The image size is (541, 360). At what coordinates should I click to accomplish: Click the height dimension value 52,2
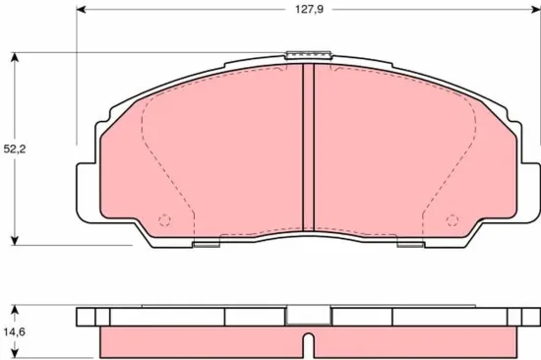(x=15, y=150)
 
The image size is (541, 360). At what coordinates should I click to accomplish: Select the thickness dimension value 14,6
(x=15, y=332)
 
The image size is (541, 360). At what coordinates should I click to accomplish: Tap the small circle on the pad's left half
(x=164, y=219)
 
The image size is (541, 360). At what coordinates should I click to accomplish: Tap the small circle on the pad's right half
(x=451, y=219)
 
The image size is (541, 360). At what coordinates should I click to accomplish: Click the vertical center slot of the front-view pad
(x=307, y=148)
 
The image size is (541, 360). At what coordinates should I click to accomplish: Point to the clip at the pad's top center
(x=307, y=56)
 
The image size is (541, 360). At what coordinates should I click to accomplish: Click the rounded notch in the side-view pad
(x=307, y=344)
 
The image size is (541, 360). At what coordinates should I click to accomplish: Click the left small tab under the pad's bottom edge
(x=207, y=241)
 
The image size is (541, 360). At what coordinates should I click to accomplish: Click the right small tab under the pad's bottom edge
(x=408, y=241)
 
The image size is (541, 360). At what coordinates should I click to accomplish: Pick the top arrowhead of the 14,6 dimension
(x=15, y=307)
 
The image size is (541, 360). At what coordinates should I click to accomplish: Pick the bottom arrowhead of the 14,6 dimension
(x=15, y=355)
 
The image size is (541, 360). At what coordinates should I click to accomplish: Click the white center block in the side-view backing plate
(x=307, y=317)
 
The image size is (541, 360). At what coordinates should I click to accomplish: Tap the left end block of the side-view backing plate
(x=89, y=317)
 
